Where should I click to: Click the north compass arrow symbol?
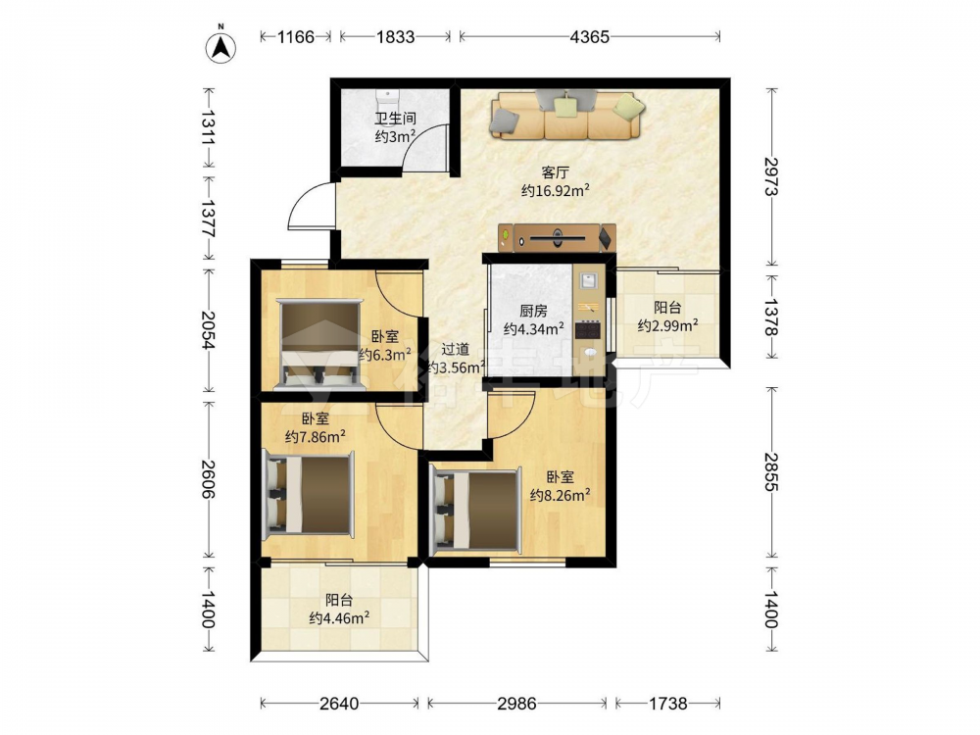click(221, 46)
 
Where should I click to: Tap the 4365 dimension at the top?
click(589, 37)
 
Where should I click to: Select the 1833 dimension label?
click(395, 37)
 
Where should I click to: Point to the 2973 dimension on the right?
click(772, 176)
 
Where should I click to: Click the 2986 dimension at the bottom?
click(516, 704)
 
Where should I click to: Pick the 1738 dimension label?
click(667, 704)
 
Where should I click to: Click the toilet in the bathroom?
click(387, 100)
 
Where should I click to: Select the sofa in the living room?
click(566, 115)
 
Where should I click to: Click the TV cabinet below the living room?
click(557, 237)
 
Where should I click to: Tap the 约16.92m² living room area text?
click(556, 191)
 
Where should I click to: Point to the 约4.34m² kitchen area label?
click(534, 328)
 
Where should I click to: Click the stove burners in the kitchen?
click(587, 329)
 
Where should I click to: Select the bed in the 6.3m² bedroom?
click(320, 344)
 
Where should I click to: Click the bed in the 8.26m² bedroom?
click(477, 512)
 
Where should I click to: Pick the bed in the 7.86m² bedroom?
click(309, 494)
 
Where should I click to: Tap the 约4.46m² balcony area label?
click(339, 618)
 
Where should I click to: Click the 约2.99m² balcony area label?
click(667, 325)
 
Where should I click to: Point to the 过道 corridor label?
click(455, 350)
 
